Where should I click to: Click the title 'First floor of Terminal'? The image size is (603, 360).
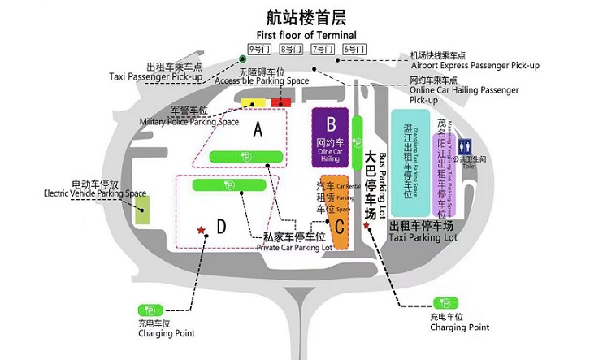tap(306, 35)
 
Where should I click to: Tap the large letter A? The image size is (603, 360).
tap(258, 128)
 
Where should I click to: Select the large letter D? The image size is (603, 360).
tap(221, 226)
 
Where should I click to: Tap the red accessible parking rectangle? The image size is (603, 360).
tap(281, 102)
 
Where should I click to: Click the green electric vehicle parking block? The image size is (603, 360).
tap(142, 210)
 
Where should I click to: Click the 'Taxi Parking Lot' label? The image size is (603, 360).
tap(423, 238)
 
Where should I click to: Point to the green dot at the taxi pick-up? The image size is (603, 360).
tap(242, 59)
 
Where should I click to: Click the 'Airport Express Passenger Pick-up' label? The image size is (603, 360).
tap(475, 65)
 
